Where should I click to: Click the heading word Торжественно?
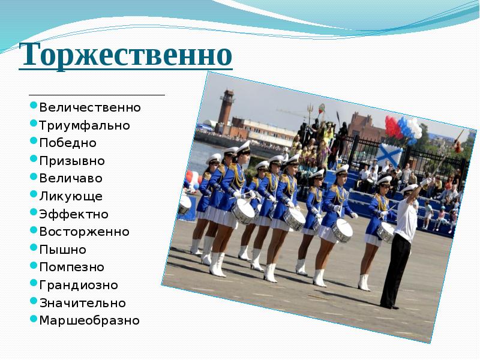pos(125,56)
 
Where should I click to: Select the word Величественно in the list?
pos(90,108)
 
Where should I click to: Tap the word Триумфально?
pos(85,126)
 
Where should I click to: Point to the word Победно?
pos(68,143)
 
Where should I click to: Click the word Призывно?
pos(72,161)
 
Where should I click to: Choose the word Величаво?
pos(71,179)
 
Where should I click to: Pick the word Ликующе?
pos(71,196)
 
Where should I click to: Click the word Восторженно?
pos(84,232)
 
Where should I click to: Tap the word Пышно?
pos(63,250)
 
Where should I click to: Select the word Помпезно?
pos(72,267)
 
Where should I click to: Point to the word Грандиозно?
pos(79,285)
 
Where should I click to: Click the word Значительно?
pos(83,303)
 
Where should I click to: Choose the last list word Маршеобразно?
pos(89,320)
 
